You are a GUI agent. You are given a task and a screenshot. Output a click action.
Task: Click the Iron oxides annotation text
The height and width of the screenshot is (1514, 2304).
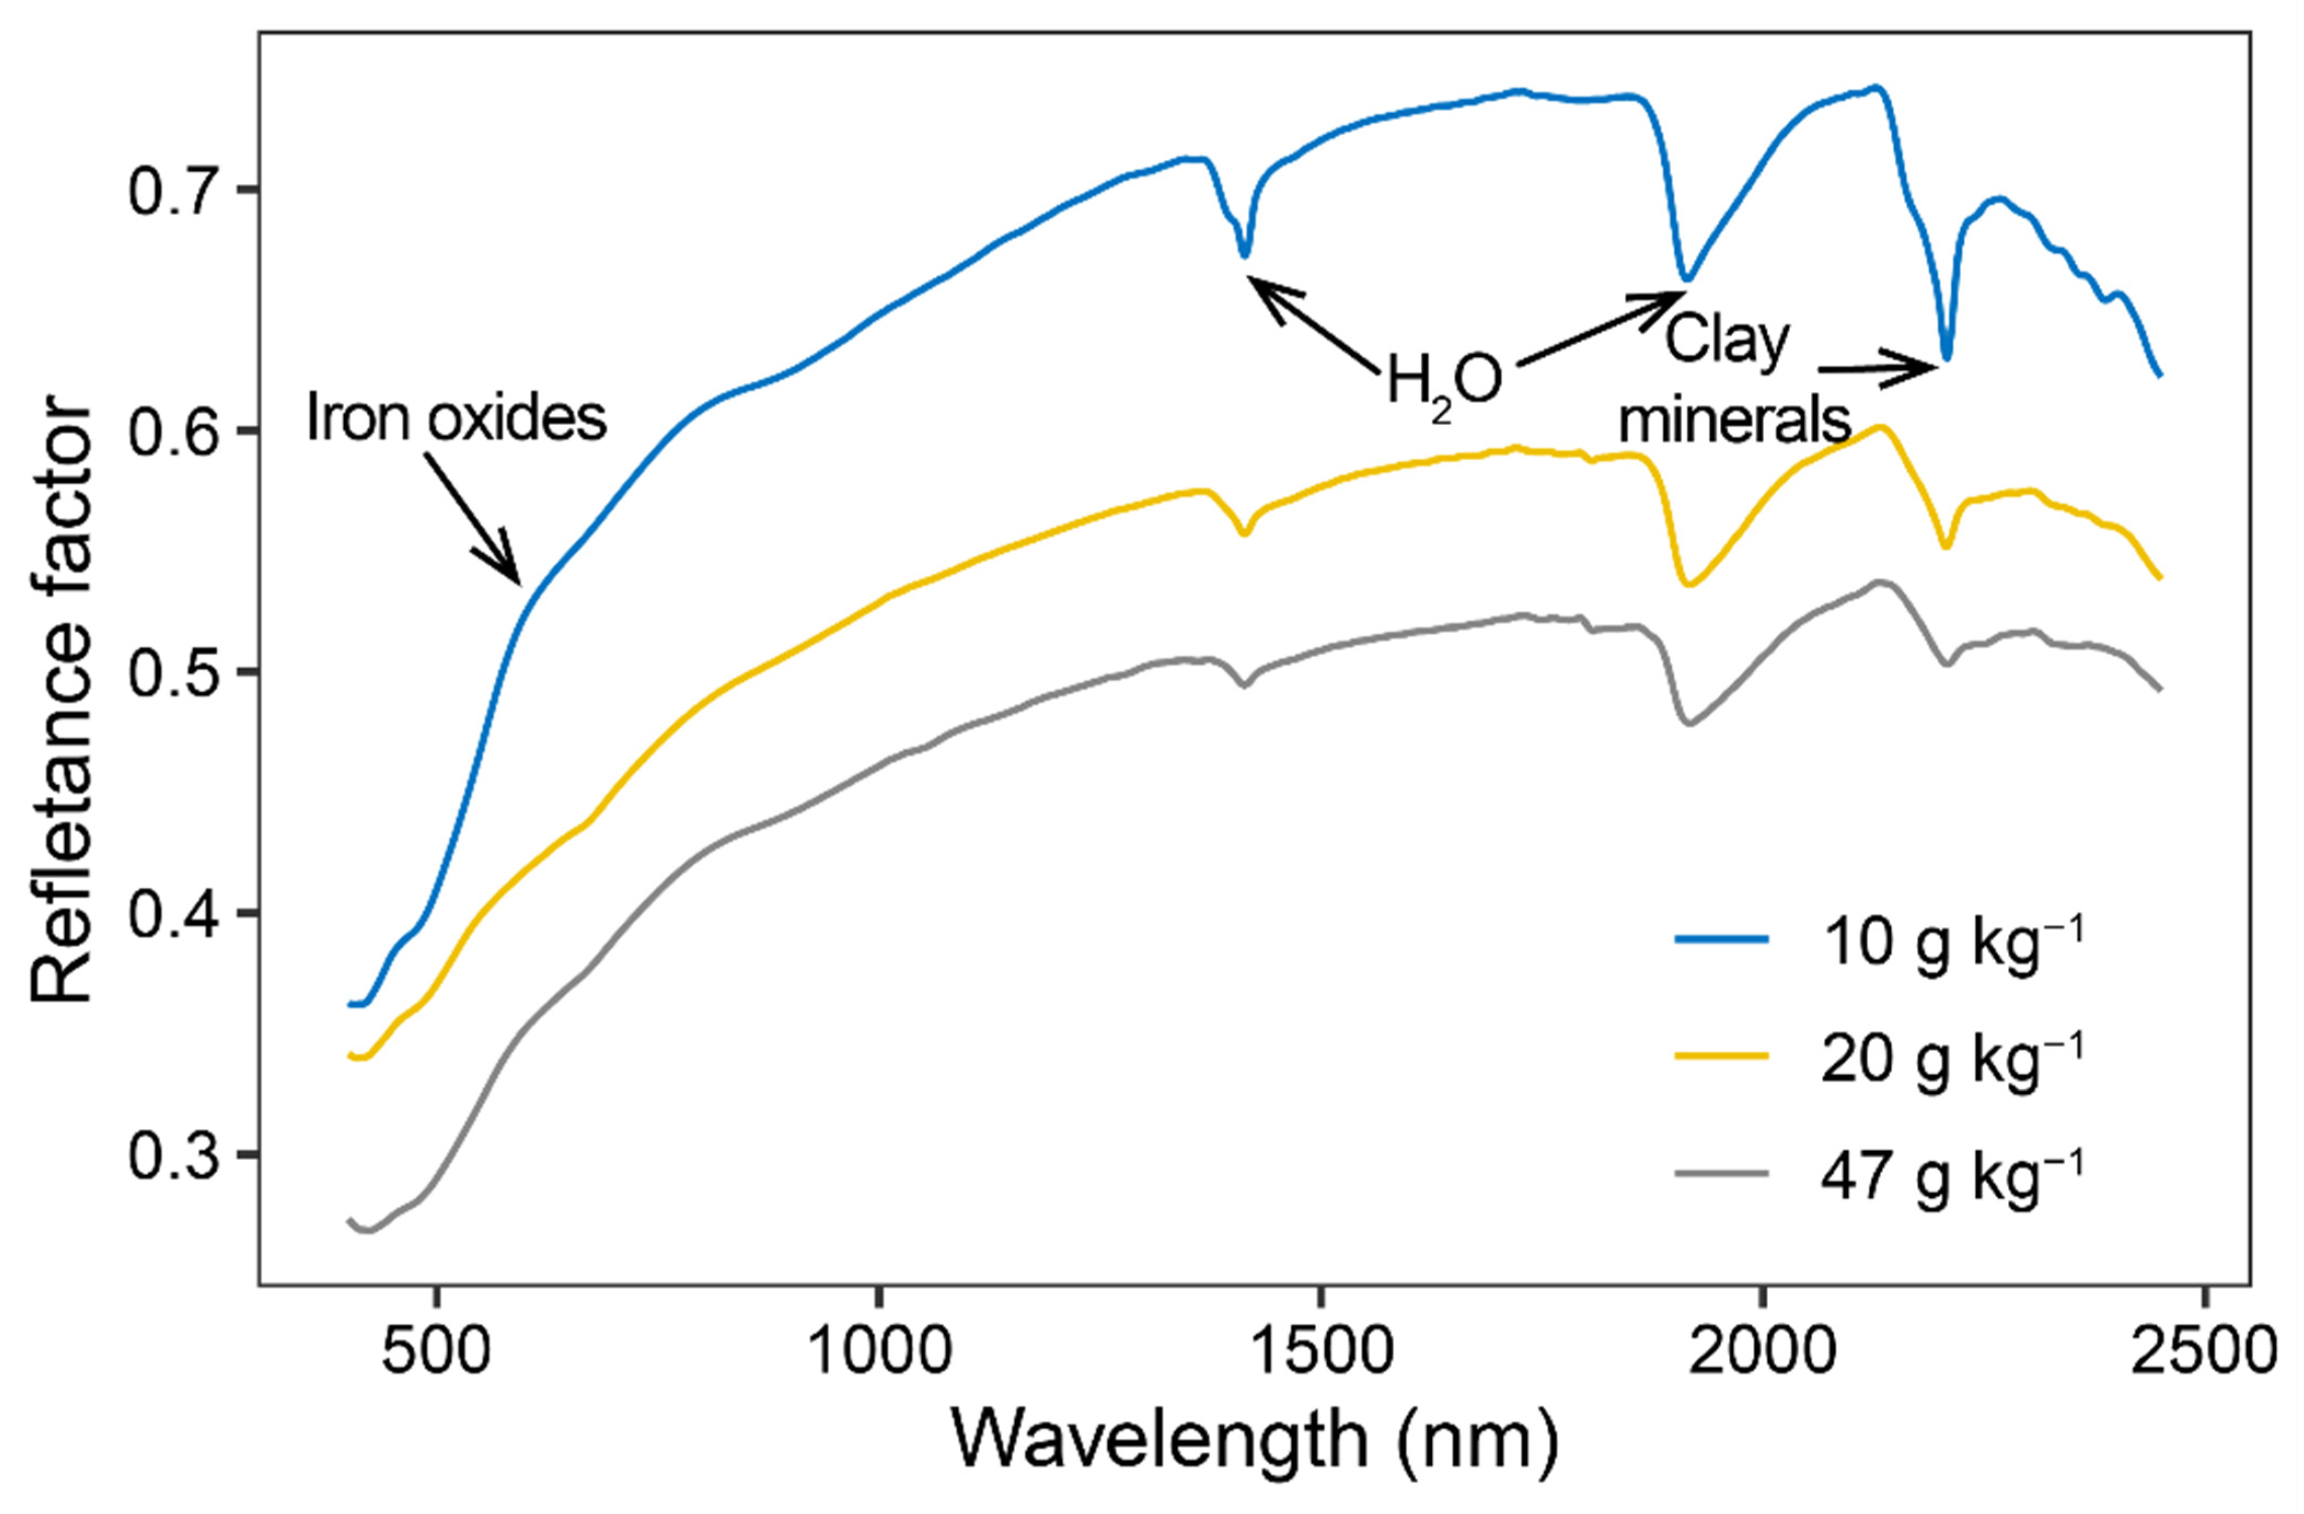click(456, 418)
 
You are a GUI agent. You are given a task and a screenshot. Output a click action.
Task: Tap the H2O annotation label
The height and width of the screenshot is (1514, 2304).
click(1444, 380)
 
